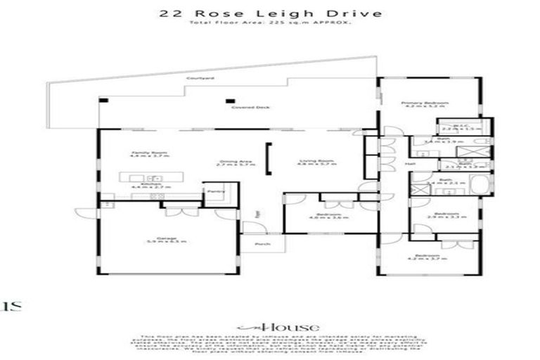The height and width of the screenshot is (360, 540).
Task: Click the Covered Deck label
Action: [241, 108]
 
